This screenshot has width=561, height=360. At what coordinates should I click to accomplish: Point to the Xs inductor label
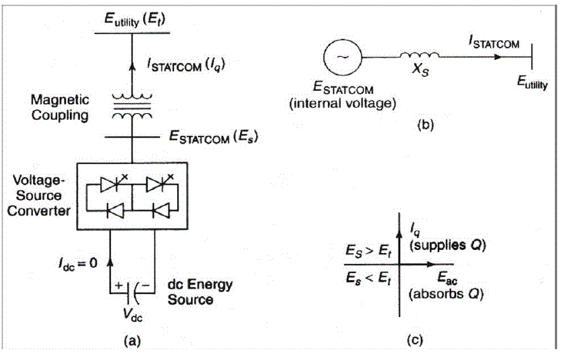419,77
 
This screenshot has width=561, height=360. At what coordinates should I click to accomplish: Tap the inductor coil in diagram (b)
419,55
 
